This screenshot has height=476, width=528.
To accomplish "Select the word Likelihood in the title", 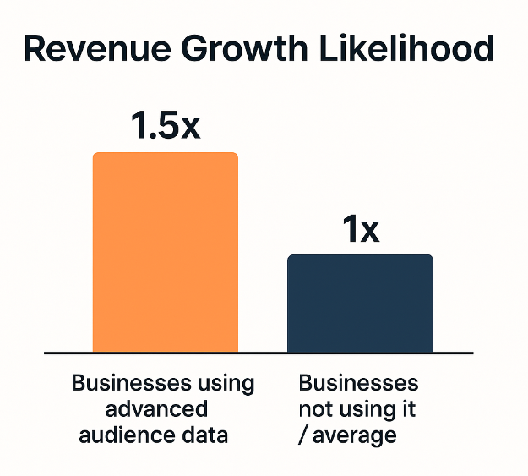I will pos(412,49).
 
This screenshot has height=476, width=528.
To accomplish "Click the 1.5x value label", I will pos(166,125).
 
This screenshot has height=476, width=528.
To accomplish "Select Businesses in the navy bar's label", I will pos(358,383).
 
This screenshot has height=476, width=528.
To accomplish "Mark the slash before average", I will pos(303,435).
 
